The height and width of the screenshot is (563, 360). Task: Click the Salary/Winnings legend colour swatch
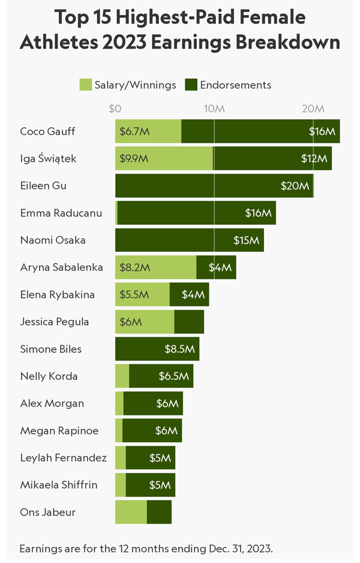(x=86, y=85)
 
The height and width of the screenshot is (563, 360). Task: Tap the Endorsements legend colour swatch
(x=191, y=85)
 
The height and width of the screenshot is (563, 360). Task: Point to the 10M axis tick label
(x=214, y=109)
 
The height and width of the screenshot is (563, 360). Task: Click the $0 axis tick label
(x=115, y=109)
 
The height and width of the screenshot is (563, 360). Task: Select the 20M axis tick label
(x=313, y=109)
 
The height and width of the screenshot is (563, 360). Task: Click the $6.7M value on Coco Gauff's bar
(x=131, y=131)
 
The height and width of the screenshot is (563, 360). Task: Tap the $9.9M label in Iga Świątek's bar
(x=133, y=159)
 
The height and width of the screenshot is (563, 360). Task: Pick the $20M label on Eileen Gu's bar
(x=295, y=186)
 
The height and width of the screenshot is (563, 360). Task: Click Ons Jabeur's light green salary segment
(x=131, y=512)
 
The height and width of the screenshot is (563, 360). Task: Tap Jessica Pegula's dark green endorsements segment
(x=189, y=322)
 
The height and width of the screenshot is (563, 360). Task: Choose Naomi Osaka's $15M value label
(x=247, y=240)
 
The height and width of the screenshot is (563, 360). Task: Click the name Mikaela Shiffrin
(x=59, y=485)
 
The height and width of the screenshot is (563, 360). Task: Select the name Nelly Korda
(x=49, y=377)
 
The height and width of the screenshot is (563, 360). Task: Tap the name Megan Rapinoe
(x=59, y=430)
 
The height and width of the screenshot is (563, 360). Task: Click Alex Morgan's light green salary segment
(x=119, y=404)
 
